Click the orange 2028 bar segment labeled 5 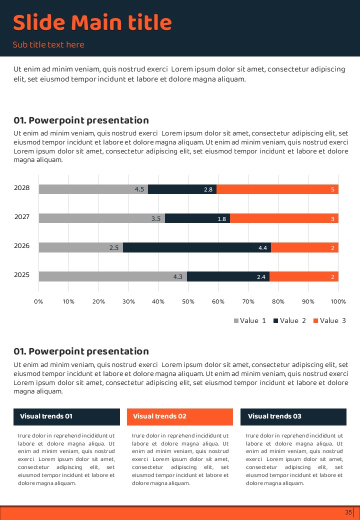(277, 189)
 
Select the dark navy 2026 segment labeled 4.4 (197, 247)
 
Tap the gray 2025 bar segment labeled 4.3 (112, 276)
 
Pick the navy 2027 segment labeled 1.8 (197, 218)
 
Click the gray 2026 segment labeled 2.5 (80, 247)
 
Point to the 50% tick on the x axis (188, 301)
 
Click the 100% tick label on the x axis (338, 301)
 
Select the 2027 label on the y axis (22, 217)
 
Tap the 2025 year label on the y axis (22, 275)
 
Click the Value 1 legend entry (250, 320)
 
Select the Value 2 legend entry (289, 320)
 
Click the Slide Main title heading (92, 23)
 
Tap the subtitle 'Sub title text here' (48, 45)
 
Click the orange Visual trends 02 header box (180, 416)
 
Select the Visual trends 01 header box (66, 416)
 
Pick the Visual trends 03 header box (293, 416)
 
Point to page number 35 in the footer (348, 512)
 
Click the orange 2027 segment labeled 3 (284, 218)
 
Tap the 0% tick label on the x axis (38, 301)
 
